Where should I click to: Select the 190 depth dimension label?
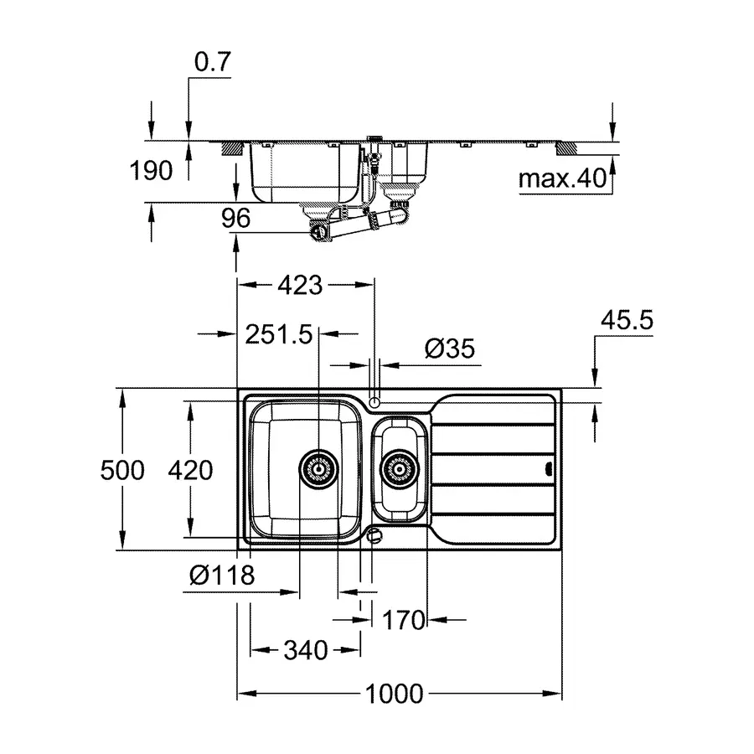pos(151,171)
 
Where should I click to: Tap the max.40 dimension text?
pos(560,178)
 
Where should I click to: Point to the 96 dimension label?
pos(236,219)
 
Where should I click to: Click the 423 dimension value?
pos(299,285)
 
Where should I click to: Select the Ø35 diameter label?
pos(449,349)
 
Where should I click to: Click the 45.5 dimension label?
pos(627,320)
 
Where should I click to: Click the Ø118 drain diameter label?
pos(221,576)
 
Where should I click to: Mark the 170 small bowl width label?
pos(404,620)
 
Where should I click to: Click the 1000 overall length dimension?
pos(394,694)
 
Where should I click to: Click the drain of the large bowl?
pos(318,469)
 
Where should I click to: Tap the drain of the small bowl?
pos(398,469)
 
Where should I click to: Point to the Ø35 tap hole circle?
pos(374,402)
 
